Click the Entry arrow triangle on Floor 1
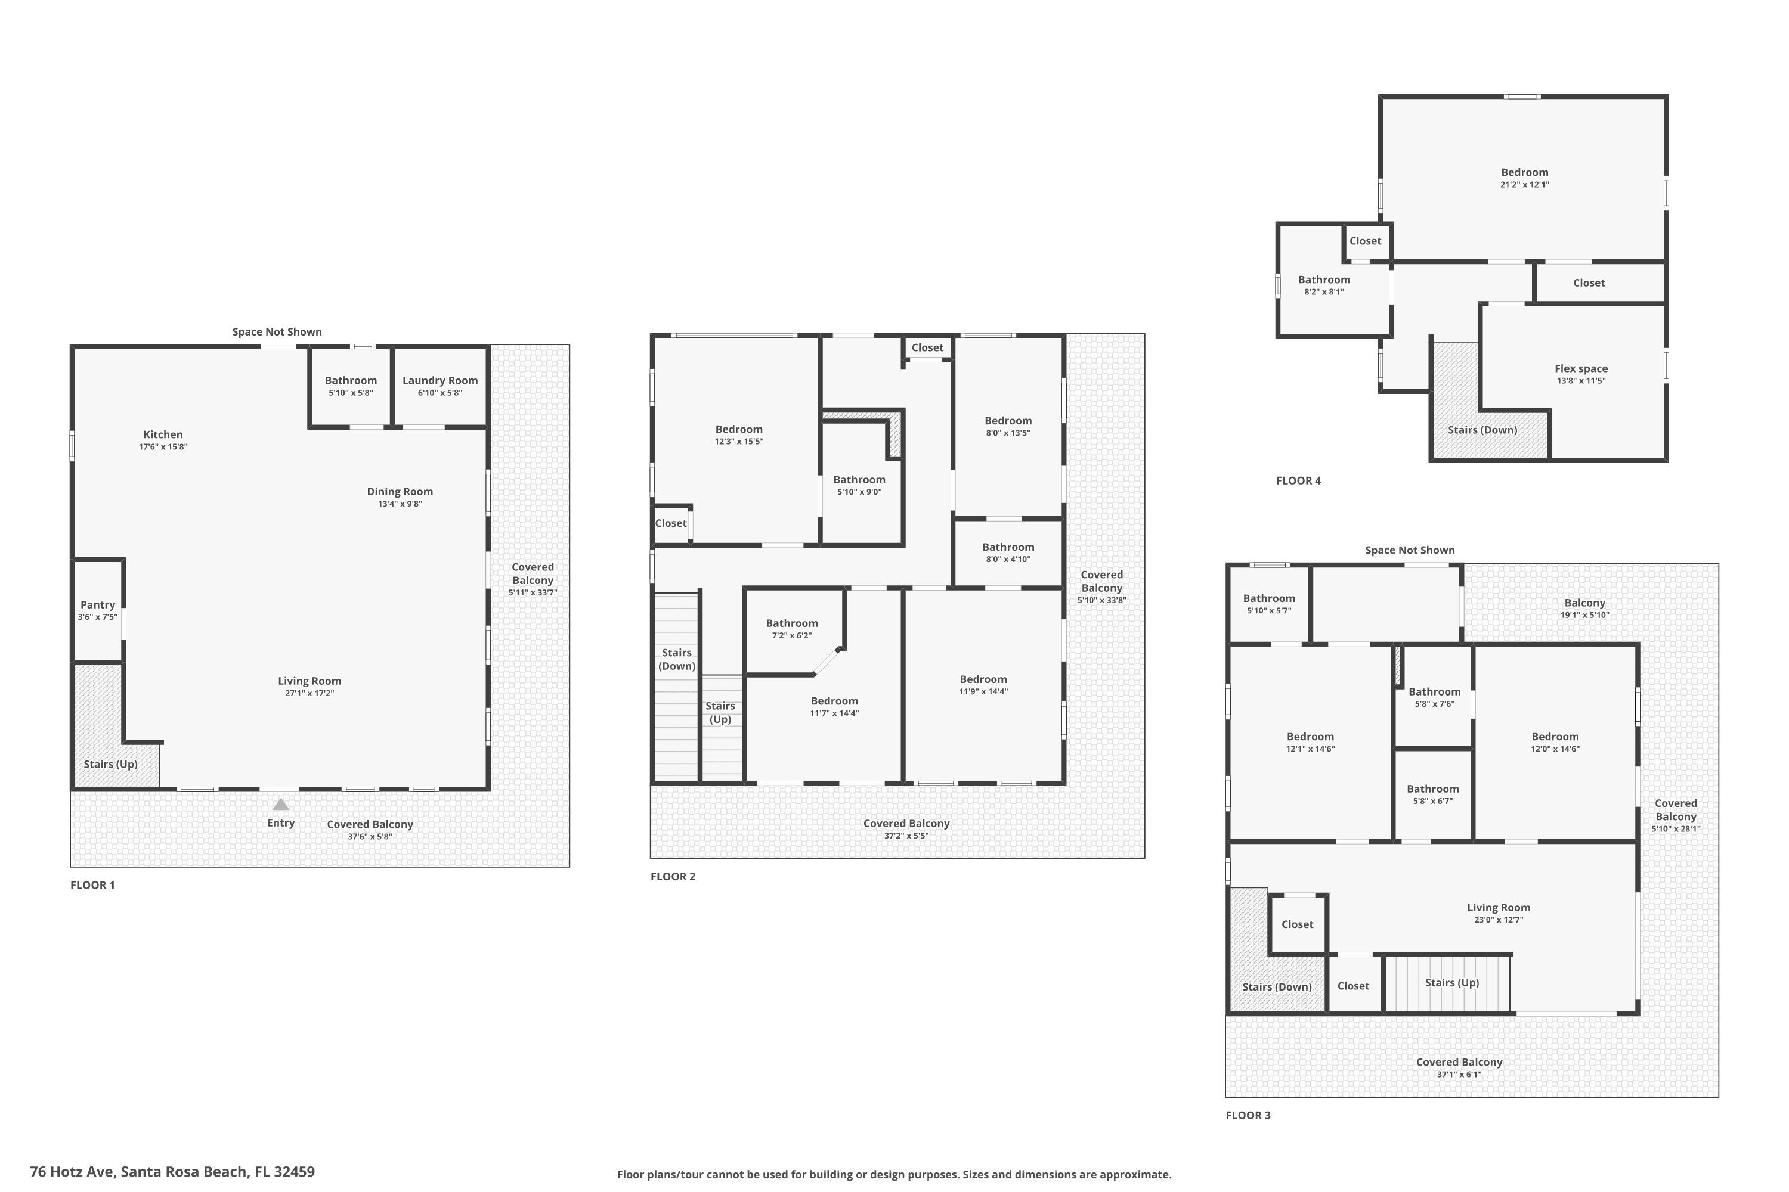pyautogui.click(x=281, y=804)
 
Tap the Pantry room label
pyautogui.click(x=97, y=605)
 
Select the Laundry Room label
pyautogui.click(x=439, y=381)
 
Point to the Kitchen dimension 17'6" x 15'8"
pyautogui.click(x=163, y=447)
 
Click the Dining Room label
pyautogui.click(x=400, y=492)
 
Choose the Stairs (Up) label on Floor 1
pyautogui.click(x=110, y=764)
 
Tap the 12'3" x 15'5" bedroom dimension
pyautogui.click(x=739, y=442)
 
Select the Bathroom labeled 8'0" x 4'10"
pyautogui.click(x=1008, y=547)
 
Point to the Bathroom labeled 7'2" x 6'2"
pyautogui.click(x=792, y=623)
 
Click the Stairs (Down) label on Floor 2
pyautogui.click(x=676, y=659)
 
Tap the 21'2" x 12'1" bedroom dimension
pyautogui.click(x=1524, y=185)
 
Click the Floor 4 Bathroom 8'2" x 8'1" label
pyautogui.click(x=1323, y=280)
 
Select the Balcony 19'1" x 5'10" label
pyautogui.click(x=1584, y=603)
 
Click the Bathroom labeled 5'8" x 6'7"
pyautogui.click(x=1432, y=789)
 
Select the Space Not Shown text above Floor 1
pyautogui.click(x=277, y=331)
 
